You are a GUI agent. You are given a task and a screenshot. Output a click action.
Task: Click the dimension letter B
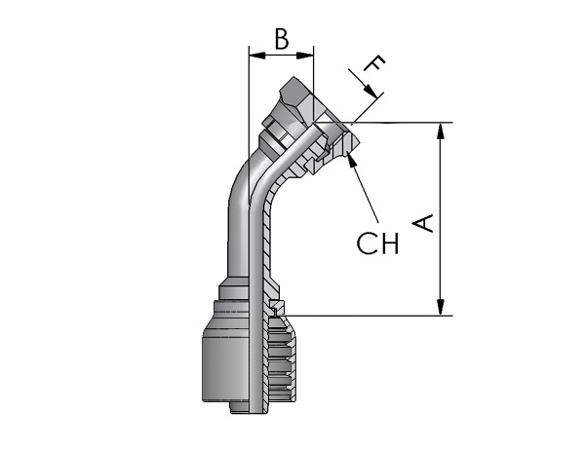[x=282, y=39]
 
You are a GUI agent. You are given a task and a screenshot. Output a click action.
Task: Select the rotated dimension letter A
[x=423, y=223]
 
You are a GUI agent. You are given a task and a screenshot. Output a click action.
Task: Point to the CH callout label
[x=377, y=244]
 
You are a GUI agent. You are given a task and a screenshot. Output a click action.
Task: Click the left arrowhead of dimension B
[x=257, y=56]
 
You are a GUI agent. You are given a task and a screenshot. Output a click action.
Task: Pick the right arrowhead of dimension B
[x=305, y=56]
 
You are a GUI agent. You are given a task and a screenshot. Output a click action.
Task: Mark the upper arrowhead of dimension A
[x=441, y=131]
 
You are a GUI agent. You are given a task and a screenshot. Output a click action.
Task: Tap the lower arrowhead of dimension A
[x=441, y=307]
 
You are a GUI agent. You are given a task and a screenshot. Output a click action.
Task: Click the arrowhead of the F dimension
[x=370, y=92]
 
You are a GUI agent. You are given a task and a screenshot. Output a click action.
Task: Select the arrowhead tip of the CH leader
[x=347, y=152]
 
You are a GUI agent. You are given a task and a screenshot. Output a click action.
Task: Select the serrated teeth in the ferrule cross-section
[x=282, y=358]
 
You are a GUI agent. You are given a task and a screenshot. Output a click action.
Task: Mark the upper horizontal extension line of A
[x=383, y=123]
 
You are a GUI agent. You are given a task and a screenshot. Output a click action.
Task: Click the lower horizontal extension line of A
[x=369, y=316]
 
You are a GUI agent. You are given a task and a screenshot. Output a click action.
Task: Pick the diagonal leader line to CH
[x=363, y=188]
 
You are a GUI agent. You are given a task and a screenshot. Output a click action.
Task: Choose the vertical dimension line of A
[x=441, y=219]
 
